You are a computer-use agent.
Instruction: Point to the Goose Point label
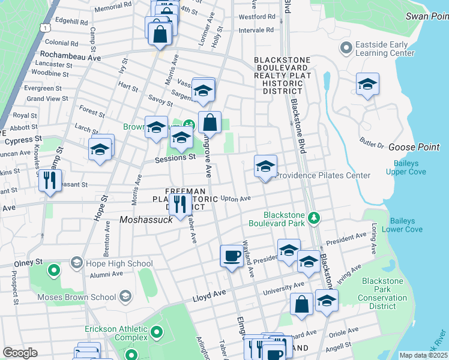(414, 147)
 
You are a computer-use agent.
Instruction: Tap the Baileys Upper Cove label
(410, 167)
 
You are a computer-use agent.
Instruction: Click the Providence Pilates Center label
(323, 175)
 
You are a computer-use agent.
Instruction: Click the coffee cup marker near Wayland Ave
(231, 256)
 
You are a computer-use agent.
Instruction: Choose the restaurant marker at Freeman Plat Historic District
(179, 205)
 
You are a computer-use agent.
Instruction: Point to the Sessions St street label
(175, 158)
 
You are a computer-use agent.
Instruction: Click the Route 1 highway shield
(44, 28)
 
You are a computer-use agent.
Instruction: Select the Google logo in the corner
(20, 353)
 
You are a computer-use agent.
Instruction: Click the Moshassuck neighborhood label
(146, 220)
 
